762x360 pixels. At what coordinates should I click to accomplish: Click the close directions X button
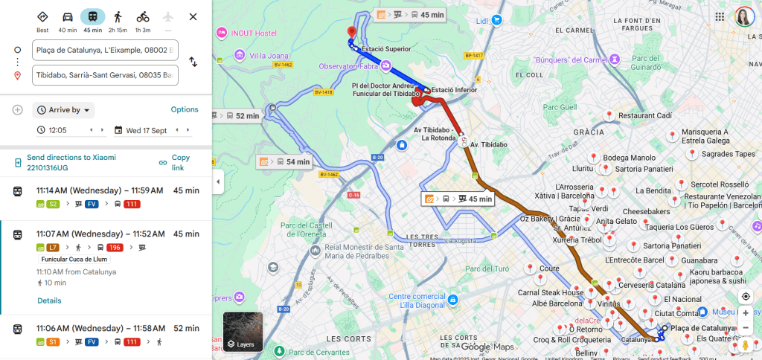pos(193,16)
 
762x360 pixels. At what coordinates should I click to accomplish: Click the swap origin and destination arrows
pos(193,62)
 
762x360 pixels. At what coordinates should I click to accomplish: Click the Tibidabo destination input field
pos(105,75)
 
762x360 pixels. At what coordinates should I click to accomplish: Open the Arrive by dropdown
pos(64,110)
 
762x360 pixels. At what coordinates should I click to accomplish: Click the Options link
pos(185,109)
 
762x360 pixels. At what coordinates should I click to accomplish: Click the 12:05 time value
pos(57,130)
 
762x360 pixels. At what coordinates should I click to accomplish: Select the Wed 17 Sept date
pos(147,130)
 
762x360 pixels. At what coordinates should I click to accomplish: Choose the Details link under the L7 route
pos(49,300)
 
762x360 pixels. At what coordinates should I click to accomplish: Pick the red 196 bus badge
pos(115,247)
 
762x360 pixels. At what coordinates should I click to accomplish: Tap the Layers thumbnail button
pos(243,330)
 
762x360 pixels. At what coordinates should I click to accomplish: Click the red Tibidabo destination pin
pos(352,33)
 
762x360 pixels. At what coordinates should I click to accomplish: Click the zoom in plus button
pos(746,313)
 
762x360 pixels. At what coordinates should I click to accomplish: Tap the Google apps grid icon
pos(720,16)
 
